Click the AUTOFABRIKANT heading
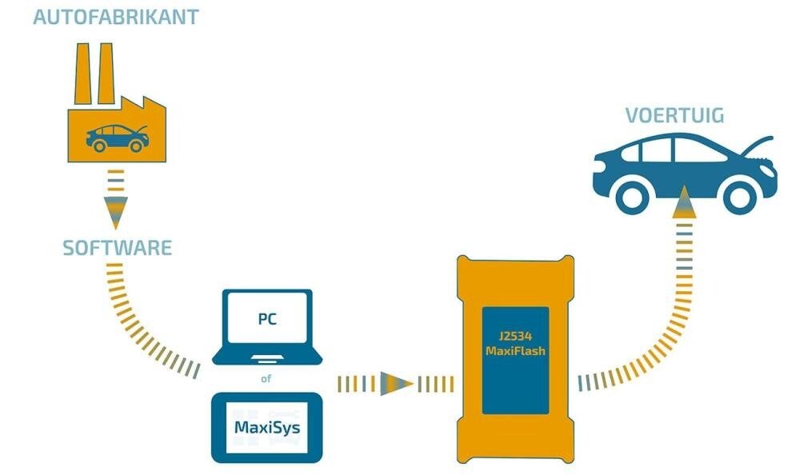[115, 17]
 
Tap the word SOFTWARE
[117, 248]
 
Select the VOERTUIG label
[675, 116]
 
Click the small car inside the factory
[117, 138]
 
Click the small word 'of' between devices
[266, 378]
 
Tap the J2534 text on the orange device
[514, 337]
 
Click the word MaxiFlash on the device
[514, 351]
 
